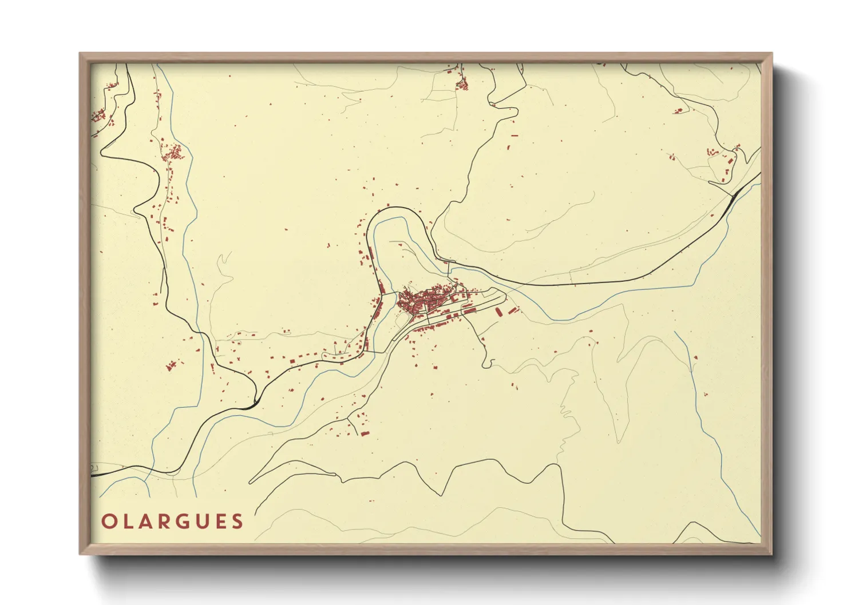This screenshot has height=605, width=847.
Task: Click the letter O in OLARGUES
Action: (x=108, y=522)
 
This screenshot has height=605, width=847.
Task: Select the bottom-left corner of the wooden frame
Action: (x=81, y=553)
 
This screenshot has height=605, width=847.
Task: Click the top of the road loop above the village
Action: (x=395, y=208)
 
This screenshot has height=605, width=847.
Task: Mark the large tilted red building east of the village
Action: (x=498, y=312)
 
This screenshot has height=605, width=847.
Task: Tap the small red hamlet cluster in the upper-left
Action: (x=172, y=153)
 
